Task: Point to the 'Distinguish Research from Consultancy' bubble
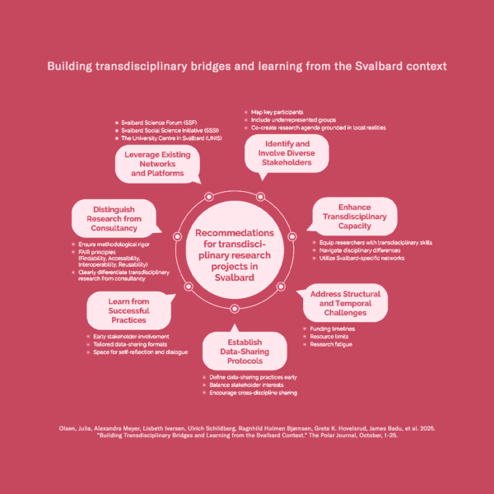click(115, 217)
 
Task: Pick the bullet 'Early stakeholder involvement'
click(132, 337)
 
